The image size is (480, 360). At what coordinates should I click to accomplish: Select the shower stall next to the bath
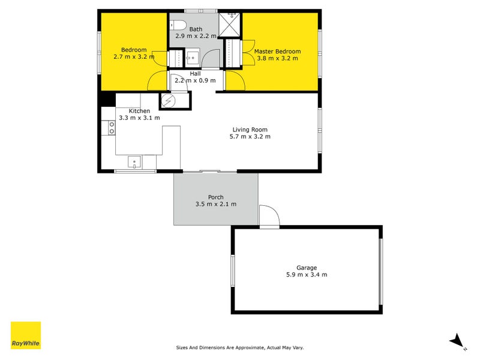pyautogui.click(x=229, y=25)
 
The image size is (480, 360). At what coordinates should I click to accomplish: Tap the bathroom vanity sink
pyautogui.click(x=191, y=59)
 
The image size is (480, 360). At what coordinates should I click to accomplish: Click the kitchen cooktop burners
pyautogui.click(x=111, y=128)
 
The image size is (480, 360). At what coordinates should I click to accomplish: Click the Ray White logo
pyautogui.click(x=26, y=335)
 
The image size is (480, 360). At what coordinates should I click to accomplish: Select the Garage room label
pyautogui.click(x=307, y=268)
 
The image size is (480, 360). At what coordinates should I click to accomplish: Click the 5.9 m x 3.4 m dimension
pyautogui.click(x=307, y=275)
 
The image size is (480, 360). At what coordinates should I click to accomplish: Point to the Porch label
pyautogui.click(x=215, y=197)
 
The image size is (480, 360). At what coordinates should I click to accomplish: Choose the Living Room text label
pyautogui.click(x=250, y=129)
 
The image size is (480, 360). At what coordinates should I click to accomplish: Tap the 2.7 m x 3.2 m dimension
pyautogui.click(x=133, y=57)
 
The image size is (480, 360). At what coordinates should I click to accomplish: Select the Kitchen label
pyautogui.click(x=139, y=111)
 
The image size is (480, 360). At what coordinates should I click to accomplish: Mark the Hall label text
pyautogui.click(x=195, y=73)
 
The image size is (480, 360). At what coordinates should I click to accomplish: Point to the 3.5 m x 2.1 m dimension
pyautogui.click(x=215, y=204)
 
